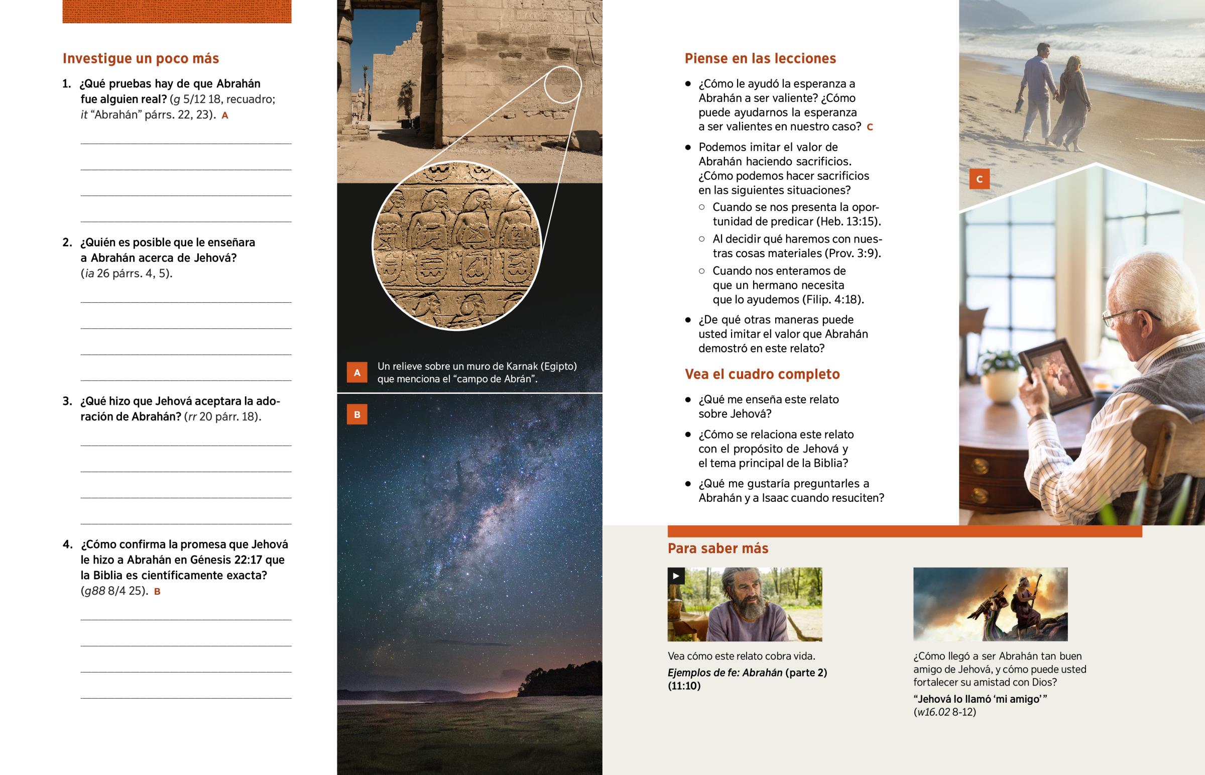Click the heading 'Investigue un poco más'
click(x=141, y=58)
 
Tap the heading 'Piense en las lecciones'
click(x=760, y=58)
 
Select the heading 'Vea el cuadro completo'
click(x=762, y=374)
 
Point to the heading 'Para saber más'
click(x=717, y=548)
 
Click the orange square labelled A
click(x=357, y=372)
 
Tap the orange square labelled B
click(x=357, y=415)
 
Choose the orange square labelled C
click(x=979, y=179)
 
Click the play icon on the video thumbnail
click(x=676, y=576)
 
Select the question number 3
click(x=67, y=401)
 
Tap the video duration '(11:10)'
click(x=684, y=686)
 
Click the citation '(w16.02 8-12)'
click(x=944, y=712)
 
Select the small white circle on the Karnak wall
click(x=562, y=84)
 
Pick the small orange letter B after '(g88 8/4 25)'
click(x=157, y=591)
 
